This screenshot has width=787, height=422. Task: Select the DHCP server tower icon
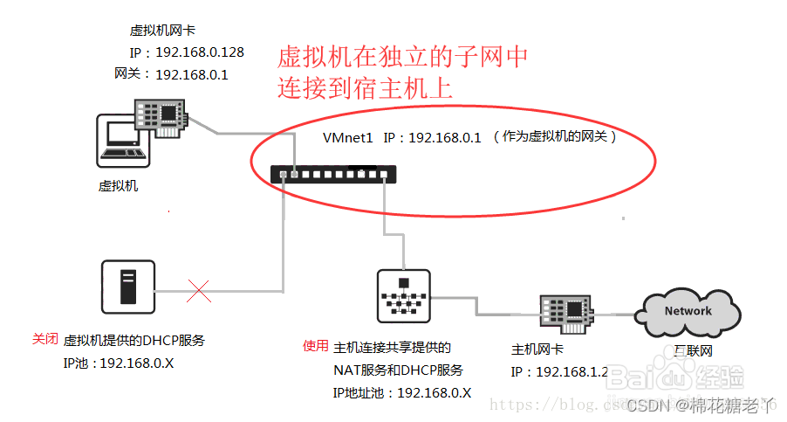tap(128, 287)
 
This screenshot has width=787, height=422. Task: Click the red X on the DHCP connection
tap(200, 291)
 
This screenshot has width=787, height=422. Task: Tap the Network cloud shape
tap(688, 311)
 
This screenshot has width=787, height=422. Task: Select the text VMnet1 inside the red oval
tap(347, 137)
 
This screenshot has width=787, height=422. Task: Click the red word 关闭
tap(45, 339)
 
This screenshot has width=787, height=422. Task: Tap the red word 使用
tap(315, 345)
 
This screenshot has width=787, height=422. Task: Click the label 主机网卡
tap(537, 349)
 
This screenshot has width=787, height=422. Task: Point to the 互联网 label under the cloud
tap(694, 351)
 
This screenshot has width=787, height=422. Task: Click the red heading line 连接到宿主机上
tap(366, 88)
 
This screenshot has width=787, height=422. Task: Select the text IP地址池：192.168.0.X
tap(401, 393)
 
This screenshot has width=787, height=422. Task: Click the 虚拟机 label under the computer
tap(118, 186)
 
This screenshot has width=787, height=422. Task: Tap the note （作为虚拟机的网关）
tap(554, 137)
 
